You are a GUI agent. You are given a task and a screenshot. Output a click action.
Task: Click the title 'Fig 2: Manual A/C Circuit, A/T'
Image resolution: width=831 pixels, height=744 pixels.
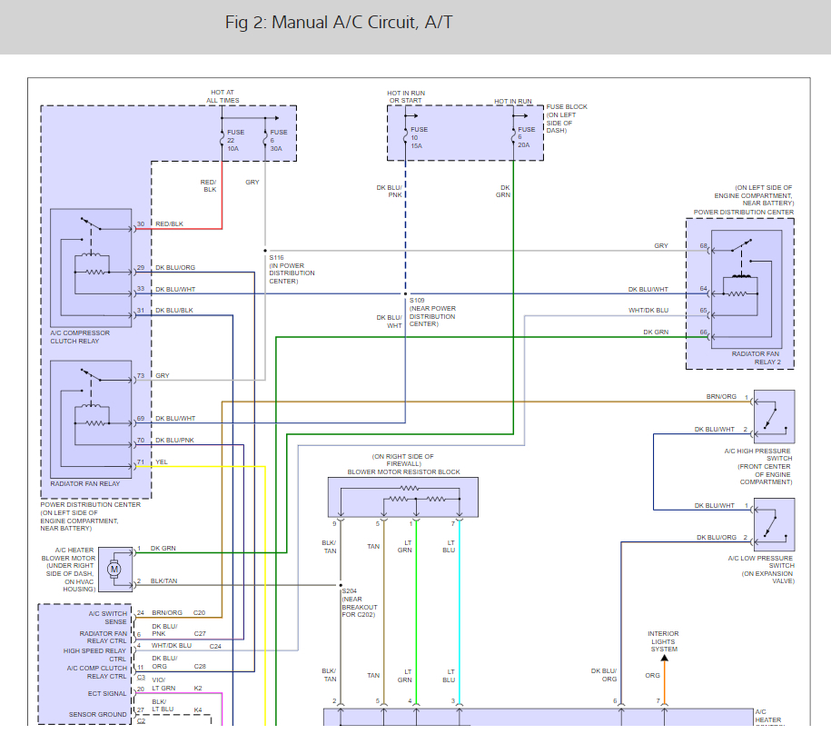(339, 22)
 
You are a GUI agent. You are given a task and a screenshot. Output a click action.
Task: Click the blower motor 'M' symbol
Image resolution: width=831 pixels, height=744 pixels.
(114, 569)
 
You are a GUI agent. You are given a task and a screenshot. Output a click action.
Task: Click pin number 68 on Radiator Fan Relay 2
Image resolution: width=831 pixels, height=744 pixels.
(703, 246)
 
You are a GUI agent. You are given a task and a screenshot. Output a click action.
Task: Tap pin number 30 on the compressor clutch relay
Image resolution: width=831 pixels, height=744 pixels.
(140, 223)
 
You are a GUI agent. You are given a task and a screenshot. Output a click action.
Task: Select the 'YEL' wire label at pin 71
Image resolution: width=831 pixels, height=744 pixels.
(162, 461)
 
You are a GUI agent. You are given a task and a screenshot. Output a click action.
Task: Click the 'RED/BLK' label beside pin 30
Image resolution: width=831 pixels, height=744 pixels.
(169, 223)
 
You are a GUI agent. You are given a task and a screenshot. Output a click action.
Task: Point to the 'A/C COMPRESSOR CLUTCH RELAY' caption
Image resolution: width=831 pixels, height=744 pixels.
(80, 337)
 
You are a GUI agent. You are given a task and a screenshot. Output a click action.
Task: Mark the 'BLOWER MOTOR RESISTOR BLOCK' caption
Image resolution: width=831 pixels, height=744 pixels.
(403, 472)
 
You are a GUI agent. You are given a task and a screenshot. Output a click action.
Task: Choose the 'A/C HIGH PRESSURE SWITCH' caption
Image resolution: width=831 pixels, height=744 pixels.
(757, 455)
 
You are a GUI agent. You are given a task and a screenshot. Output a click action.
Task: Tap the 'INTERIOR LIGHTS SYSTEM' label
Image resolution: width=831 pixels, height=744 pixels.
(663, 641)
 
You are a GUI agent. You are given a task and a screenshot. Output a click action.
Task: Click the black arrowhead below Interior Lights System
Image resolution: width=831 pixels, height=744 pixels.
(663, 658)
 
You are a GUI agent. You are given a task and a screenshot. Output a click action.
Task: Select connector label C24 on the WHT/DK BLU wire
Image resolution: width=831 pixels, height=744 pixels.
(215, 646)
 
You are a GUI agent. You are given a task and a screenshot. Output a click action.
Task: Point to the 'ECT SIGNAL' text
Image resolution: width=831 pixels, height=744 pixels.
(108, 693)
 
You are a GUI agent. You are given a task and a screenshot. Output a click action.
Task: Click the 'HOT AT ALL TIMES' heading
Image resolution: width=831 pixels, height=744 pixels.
(223, 95)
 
